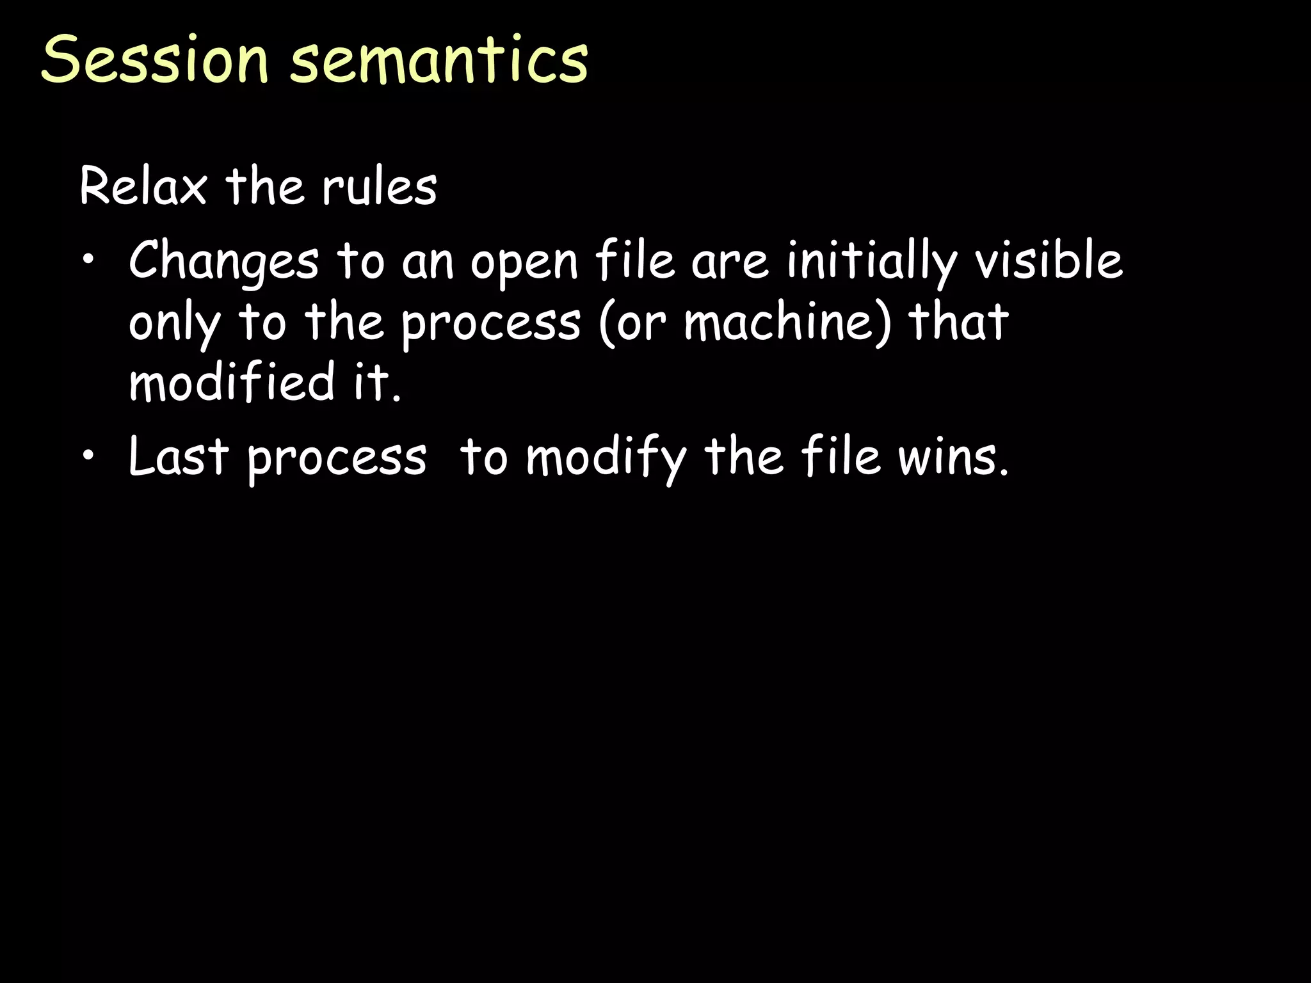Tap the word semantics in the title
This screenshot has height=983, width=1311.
pos(439,59)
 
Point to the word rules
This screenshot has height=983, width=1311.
pos(379,186)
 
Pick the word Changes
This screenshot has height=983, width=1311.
pos(223,262)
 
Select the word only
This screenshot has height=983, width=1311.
pos(175,323)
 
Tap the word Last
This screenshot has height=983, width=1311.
pos(179,456)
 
